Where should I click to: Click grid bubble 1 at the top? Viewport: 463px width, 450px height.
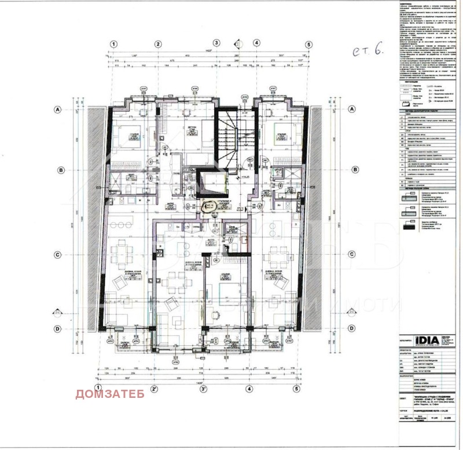115,44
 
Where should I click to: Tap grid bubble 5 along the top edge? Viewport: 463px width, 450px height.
309,44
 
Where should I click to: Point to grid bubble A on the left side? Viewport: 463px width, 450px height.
58,109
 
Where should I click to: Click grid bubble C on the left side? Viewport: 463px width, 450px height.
58,254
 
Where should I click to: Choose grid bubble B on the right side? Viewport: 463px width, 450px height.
354,170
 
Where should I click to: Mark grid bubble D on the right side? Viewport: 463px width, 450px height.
354,329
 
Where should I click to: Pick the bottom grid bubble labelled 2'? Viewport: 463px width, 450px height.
155,389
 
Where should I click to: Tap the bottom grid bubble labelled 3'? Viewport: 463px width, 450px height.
204,389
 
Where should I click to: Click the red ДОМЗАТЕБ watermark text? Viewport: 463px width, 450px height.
109,395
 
